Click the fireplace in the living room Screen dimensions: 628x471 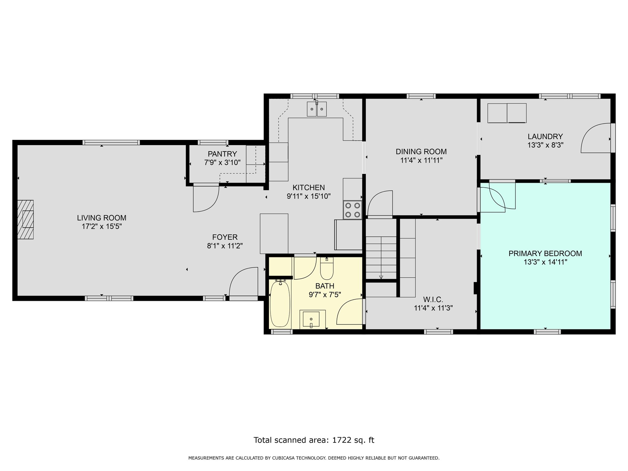click(x=25, y=220)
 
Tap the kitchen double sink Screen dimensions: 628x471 click(x=317, y=109)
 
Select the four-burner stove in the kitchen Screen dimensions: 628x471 click(x=353, y=210)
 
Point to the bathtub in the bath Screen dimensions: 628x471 click(x=280, y=304)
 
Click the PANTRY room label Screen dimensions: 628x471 click(x=222, y=154)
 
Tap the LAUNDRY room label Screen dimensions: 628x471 click(x=545, y=136)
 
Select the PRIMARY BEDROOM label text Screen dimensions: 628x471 click(x=545, y=254)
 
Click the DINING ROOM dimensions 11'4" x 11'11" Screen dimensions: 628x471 click(x=421, y=160)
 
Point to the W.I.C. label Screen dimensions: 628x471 click(x=433, y=300)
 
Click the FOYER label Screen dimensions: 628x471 click(x=225, y=237)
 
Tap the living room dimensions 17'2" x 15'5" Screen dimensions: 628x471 click(x=101, y=227)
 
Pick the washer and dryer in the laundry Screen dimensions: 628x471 click(x=507, y=113)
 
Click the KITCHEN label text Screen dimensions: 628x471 click(x=308, y=187)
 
